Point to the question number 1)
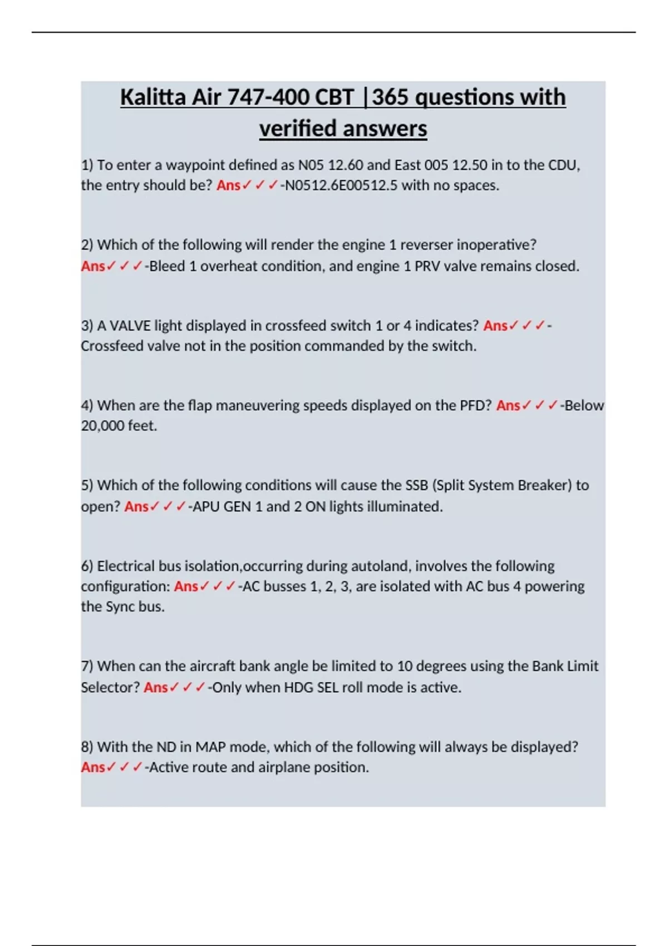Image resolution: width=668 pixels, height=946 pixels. pos(87,165)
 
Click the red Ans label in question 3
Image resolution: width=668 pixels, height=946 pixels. pos(495,326)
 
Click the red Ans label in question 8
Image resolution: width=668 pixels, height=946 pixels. pos(93,767)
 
